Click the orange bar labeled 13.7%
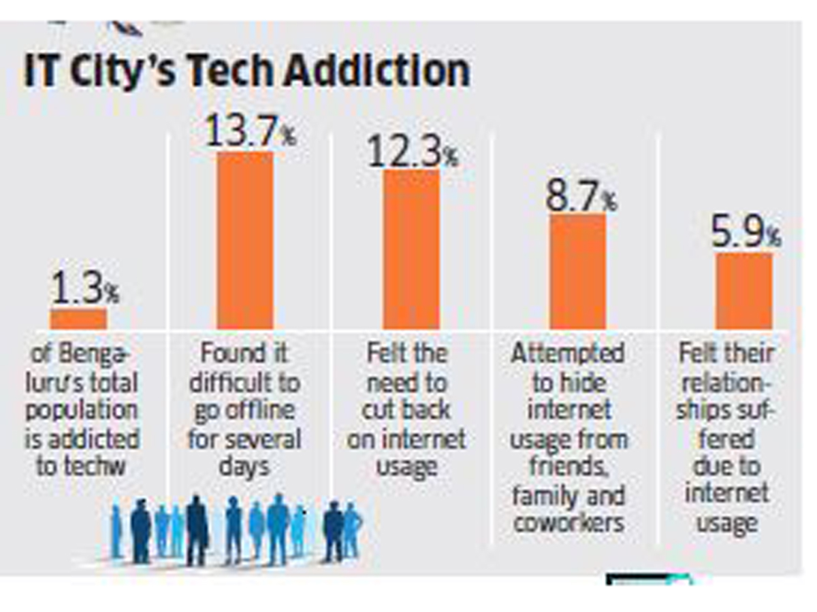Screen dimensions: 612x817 click(x=245, y=240)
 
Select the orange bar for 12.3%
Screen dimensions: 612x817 click(x=411, y=249)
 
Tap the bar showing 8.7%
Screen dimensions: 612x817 click(x=577, y=271)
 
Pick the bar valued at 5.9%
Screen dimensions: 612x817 click(x=743, y=291)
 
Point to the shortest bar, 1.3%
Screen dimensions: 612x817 click(x=78, y=319)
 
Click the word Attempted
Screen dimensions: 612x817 click(x=568, y=354)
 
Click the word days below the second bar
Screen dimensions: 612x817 click(x=244, y=467)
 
